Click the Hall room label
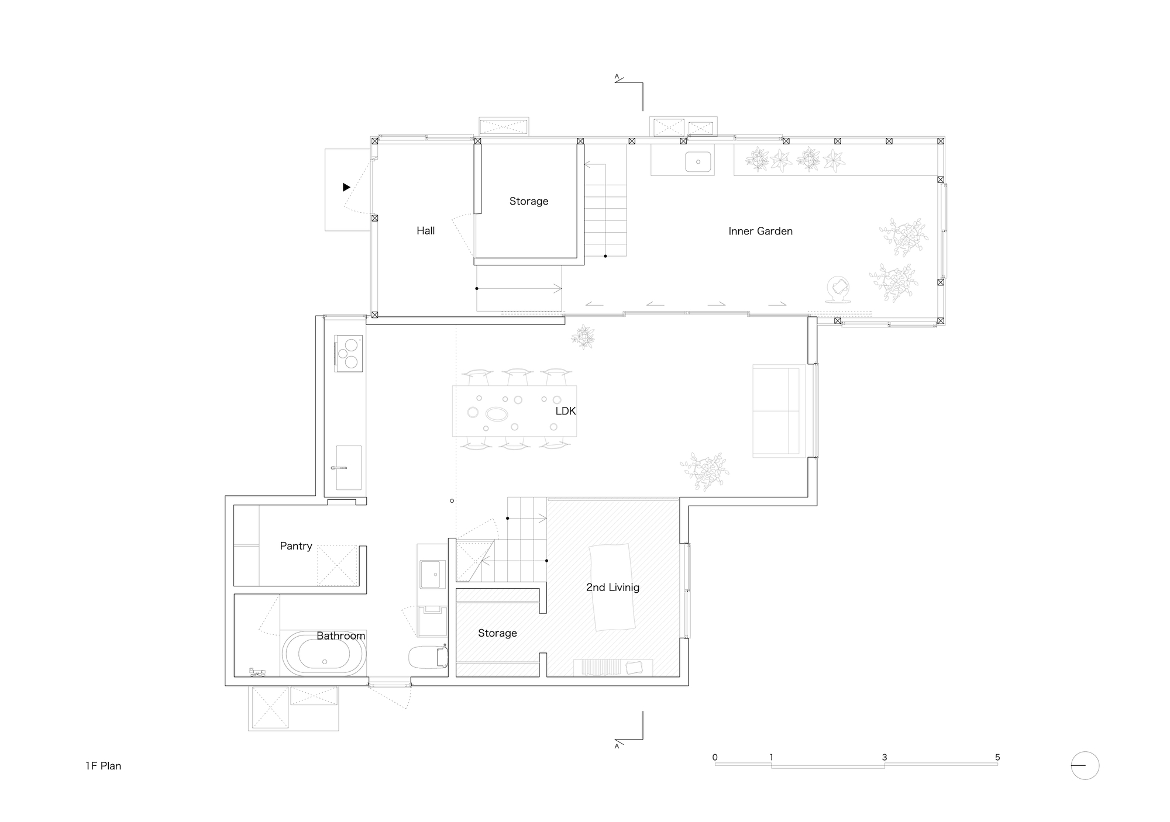pos(425,231)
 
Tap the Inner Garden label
pos(760,231)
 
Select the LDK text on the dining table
pos(565,411)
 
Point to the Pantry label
pos(295,546)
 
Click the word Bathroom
pos(340,636)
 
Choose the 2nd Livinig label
pos(612,587)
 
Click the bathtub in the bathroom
pos(324,654)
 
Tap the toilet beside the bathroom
pos(428,657)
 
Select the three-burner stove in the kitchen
pos(349,353)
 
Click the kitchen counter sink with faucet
pos(348,467)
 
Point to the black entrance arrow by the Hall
pos(346,187)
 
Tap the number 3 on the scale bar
pos(884,757)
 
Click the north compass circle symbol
pos(1085,765)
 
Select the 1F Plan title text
pos(103,766)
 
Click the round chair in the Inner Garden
pos(840,289)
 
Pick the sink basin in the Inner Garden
pos(698,161)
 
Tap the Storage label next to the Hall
pos(528,201)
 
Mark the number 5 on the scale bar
pos(997,757)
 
